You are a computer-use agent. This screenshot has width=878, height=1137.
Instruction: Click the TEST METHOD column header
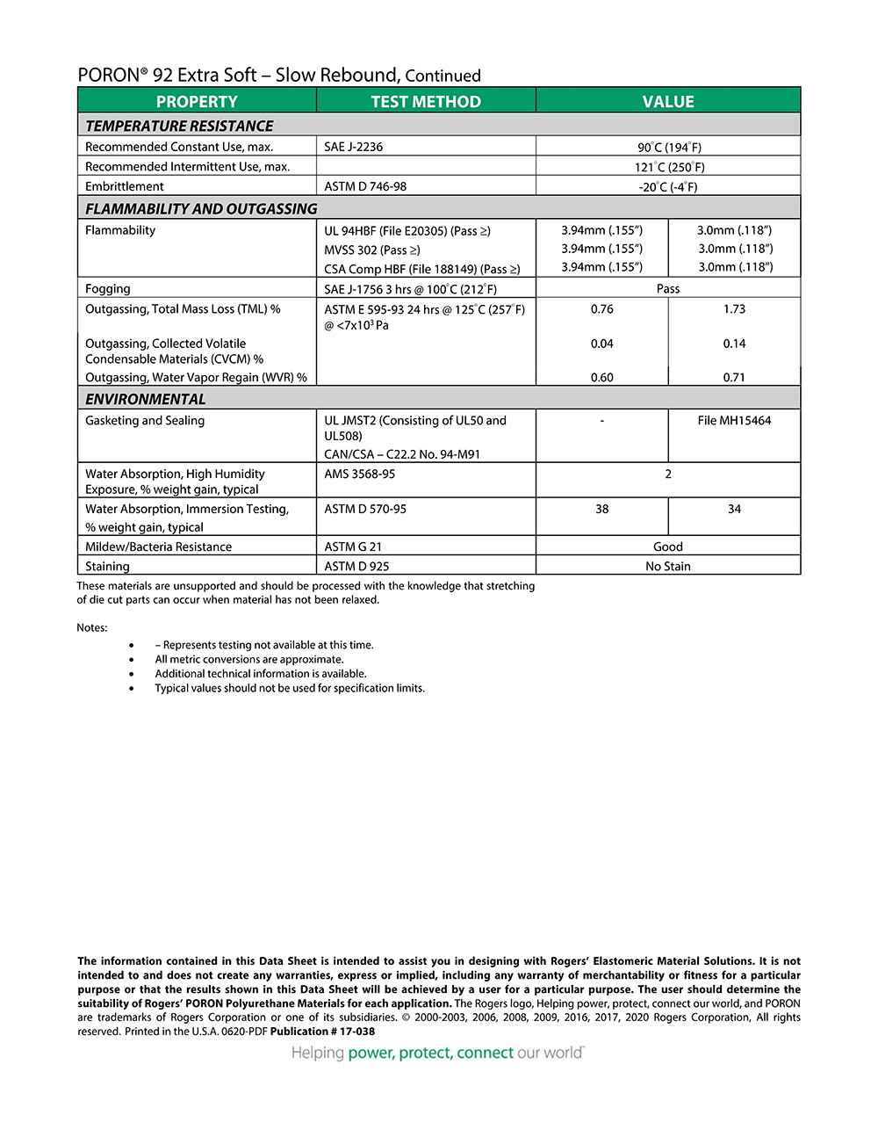click(x=426, y=102)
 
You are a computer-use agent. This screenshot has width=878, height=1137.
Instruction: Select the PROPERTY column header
click(x=197, y=102)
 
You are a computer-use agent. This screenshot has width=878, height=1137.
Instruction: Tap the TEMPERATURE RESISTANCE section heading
click(x=179, y=126)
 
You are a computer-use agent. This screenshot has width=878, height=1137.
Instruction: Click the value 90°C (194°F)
click(x=669, y=148)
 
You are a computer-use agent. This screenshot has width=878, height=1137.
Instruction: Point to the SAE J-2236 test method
click(x=354, y=147)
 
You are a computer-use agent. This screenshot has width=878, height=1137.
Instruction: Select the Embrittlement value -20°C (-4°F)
click(x=668, y=187)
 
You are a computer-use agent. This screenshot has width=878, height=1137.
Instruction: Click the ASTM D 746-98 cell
click(x=365, y=186)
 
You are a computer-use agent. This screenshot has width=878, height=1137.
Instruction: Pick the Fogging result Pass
click(x=668, y=289)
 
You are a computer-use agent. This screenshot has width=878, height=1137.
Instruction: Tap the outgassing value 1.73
click(x=734, y=309)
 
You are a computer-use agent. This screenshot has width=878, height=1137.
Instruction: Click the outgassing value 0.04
click(x=602, y=344)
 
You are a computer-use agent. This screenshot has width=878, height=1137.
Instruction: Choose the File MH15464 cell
click(x=734, y=421)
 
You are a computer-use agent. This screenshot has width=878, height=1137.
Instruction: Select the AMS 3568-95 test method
click(x=360, y=474)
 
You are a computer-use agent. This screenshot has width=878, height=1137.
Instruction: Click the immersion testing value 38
click(x=602, y=509)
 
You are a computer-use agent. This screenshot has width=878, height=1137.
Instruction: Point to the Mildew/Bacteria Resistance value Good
click(x=668, y=547)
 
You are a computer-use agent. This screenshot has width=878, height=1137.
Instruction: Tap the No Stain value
click(x=668, y=567)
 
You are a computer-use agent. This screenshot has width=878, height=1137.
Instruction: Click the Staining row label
click(x=107, y=567)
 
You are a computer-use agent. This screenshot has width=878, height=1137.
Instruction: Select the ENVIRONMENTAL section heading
click(x=146, y=399)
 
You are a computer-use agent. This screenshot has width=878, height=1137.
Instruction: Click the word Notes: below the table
click(x=92, y=628)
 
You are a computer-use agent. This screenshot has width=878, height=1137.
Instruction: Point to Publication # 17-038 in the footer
click(x=322, y=1032)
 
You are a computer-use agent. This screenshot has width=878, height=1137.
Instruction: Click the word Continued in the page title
click(x=443, y=76)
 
